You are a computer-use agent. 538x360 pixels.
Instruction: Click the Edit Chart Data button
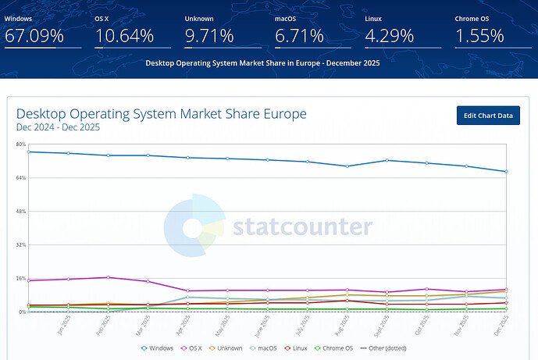(x=488, y=116)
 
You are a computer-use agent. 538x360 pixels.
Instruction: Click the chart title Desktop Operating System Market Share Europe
(x=161, y=114)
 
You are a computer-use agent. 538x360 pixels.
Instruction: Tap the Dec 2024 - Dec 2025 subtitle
(x=58, y=127)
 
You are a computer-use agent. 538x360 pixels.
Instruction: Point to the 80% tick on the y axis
(x=21, y=144)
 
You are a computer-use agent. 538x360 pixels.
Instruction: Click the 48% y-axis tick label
(x=21, y=212)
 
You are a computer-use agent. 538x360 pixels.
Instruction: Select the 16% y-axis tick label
(x=21, y=278)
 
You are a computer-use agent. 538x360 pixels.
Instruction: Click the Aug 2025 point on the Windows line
(x=347, y=166)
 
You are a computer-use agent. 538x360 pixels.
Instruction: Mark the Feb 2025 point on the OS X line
(x=108, y=277)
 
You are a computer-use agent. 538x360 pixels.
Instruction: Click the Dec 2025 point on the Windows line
(x=506, y=171)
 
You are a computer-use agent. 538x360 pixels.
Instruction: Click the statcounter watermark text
(x=303, y=227)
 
